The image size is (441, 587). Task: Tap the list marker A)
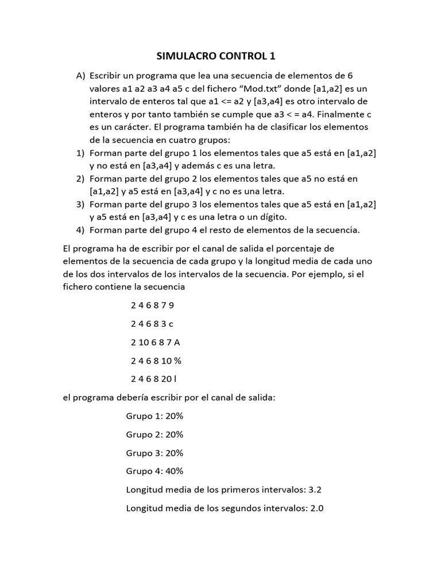point(80,76)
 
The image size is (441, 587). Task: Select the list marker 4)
point(80,230)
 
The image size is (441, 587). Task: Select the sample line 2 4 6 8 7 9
point(152,305)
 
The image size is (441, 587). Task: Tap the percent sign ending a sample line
point(178,361)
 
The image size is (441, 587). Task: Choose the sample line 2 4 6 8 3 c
point(152,324)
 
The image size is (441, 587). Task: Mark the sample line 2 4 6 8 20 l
point(154,379)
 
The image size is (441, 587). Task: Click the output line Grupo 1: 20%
point(154,416)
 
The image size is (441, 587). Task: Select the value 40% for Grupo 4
point(174,471)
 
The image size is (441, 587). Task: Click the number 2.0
point(317,508)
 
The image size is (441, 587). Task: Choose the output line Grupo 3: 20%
point(154,453)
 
